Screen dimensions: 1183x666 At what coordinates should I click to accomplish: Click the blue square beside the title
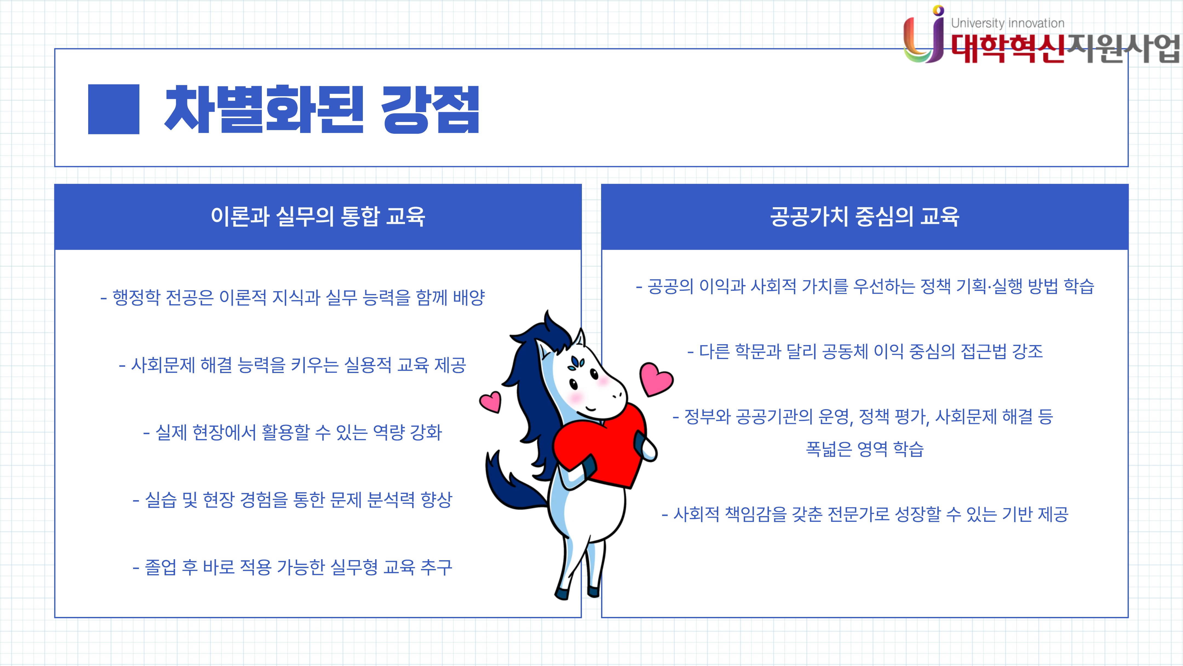pos(113,109)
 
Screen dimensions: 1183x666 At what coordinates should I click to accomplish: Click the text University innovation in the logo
pos(1007,23)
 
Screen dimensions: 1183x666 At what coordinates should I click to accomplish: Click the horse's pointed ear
pos(580,339)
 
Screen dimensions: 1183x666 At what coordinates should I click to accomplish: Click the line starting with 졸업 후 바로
pos(292,567)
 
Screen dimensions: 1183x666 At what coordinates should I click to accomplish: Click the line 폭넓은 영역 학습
pos(865,449)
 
